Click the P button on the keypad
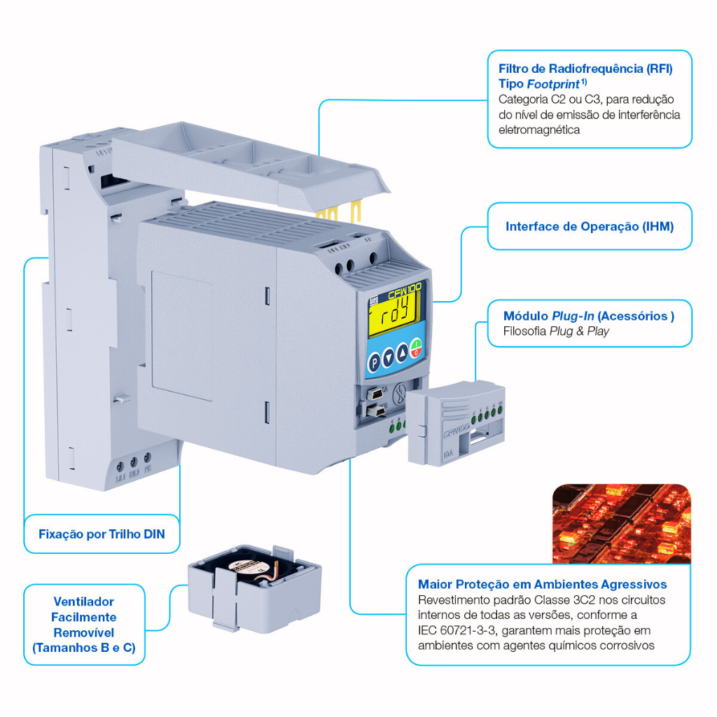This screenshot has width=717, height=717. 375,361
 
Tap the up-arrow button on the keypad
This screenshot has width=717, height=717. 402,354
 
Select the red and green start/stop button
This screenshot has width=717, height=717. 416,347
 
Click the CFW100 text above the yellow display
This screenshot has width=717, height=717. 404,287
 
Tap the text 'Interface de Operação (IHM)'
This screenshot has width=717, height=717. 590,227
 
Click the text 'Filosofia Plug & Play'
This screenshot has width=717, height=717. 556,331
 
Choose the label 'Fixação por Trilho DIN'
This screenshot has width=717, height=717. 102,534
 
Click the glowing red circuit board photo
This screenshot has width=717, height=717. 621,523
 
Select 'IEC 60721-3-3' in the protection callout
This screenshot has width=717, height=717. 457,630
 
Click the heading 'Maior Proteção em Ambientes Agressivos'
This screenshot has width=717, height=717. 542,584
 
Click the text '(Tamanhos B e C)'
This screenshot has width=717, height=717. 84,648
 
